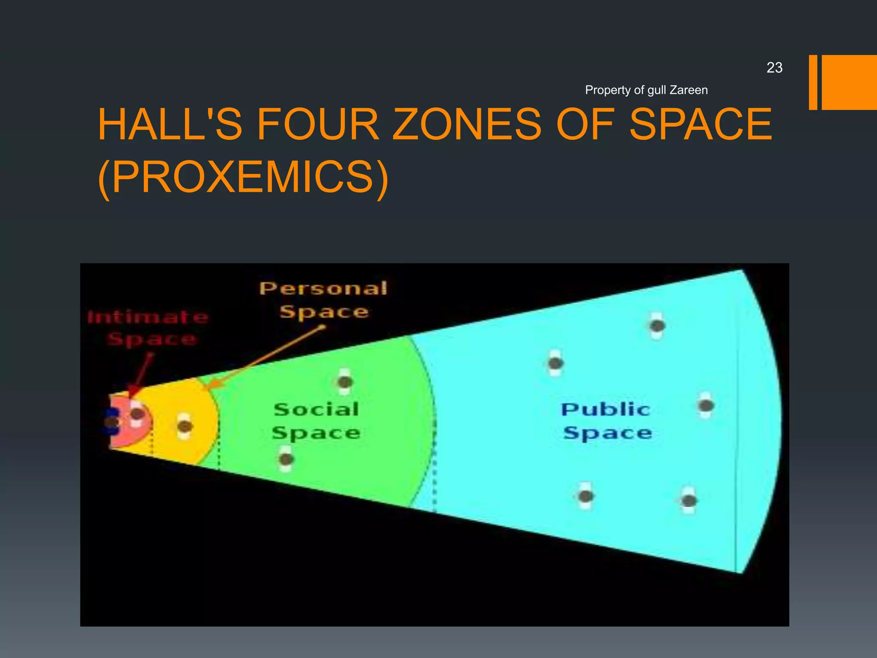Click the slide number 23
(x=774, y=68)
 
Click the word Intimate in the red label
(x=148, y=317)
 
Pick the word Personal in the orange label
(x=324, y=288)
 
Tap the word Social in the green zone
(x=316, y=410)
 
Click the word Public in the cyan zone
(x=606, y=410)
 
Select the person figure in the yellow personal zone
(x=185, y=426)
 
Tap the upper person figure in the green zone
(x=345, y=381)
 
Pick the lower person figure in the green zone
(x=286, y=459)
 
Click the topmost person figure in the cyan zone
(x=657, y=326)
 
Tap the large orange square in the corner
(x=849, y=82)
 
